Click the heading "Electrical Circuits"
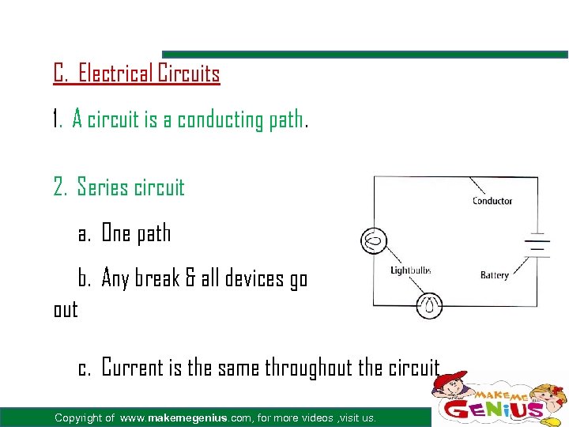tap(149, 74)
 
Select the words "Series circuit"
tap(130, 187)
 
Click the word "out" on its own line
tap(66, 309)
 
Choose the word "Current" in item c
tap(137, 368)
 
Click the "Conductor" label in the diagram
tap(492, 201)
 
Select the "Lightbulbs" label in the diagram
tap(412, 270)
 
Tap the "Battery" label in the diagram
tap(495, 275)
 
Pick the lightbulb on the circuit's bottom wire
tap(430, 305)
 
